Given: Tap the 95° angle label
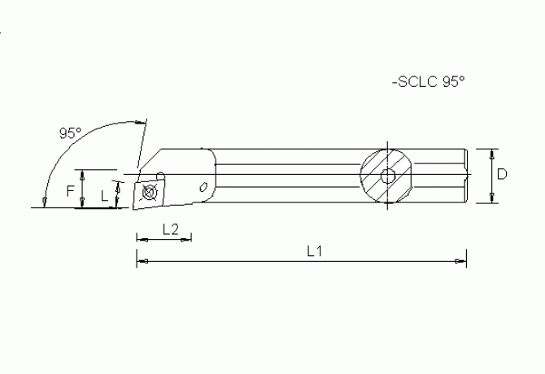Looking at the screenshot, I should pyautogui.click(x=71, y=133).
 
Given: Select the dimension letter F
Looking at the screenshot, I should pyautogui.click(x=71, y=189).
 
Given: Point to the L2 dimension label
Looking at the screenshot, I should pyautogui.click(x=170, y=228).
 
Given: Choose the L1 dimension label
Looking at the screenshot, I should pyautogui.click(x=315, y=251).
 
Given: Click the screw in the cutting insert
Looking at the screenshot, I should pyautogui.click(x=147, y=194).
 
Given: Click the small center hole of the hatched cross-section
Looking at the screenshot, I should pyautogui.click(x=389, y=176).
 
